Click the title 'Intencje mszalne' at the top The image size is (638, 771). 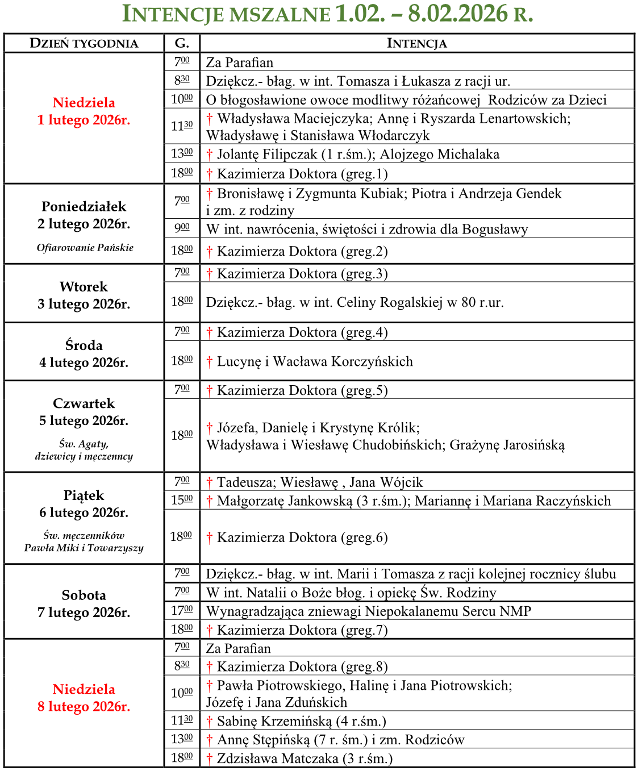(227, 14)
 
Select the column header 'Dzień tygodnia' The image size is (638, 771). (84, 43)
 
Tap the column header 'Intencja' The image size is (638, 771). (416, 43)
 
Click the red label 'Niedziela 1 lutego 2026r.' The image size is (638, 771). (84, 111)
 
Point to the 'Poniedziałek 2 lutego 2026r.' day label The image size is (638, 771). (84, 215)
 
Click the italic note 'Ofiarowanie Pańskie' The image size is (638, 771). (85, 248)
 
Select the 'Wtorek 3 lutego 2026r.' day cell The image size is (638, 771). (84, 295)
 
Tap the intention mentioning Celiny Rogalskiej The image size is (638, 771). (355, 302)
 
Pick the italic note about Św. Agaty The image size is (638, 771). (84, 450)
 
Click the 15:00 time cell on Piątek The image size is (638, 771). (182, 500)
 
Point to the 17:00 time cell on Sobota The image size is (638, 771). (182, 611)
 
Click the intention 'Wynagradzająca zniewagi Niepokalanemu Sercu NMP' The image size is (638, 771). (368, 611)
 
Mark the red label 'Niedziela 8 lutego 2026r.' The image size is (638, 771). (84, 698)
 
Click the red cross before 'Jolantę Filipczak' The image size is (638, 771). (210, 154)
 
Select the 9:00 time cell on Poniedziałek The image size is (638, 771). (182, 228)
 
